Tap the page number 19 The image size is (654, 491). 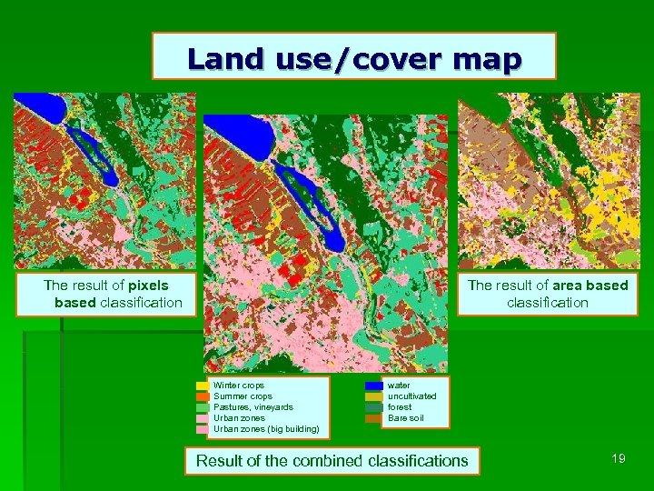[618, 458]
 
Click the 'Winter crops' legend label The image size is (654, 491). [238, 386]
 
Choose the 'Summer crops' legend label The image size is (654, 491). [243, 396]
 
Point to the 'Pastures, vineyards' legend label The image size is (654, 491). [253, 407]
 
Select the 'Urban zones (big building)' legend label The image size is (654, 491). [265, 429]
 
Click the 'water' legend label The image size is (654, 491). [399, 386]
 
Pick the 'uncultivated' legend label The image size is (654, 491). [411, 396]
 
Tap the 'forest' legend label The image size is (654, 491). [400, 407]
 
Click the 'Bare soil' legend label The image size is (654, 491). [405, 418]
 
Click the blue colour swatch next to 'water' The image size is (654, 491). [373, 386]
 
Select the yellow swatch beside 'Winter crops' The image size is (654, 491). [203, 386]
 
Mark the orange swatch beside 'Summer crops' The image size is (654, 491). [203, 396]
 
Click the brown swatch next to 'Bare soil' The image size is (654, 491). [373, 418]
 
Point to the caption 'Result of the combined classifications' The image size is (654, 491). [332, 461]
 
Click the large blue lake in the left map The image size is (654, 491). [40, 109]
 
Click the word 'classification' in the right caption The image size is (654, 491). [548, 303]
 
